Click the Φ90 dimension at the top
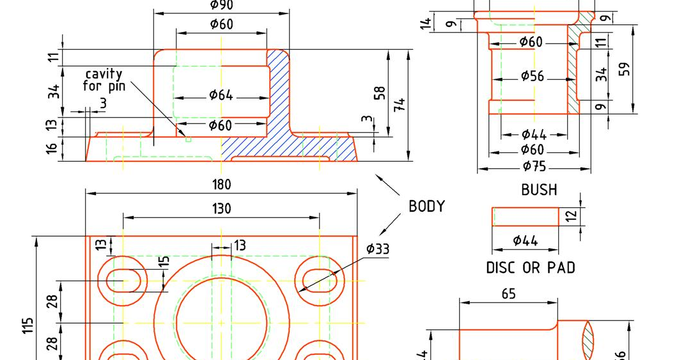pos(221,6)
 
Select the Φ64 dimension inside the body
pos(221,95)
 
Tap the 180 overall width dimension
pos(221,185)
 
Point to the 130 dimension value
pos(221,208)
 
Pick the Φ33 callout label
pos(377,249)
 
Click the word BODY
pos(426,207)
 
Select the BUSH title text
pos(539,190)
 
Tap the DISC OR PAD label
pos(531,267)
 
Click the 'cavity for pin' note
pos(103,80)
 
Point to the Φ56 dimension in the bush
pos(532,76)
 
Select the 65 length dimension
pos(509,294)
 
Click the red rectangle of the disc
pos(525,217)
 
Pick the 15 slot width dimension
pos(164,262)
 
